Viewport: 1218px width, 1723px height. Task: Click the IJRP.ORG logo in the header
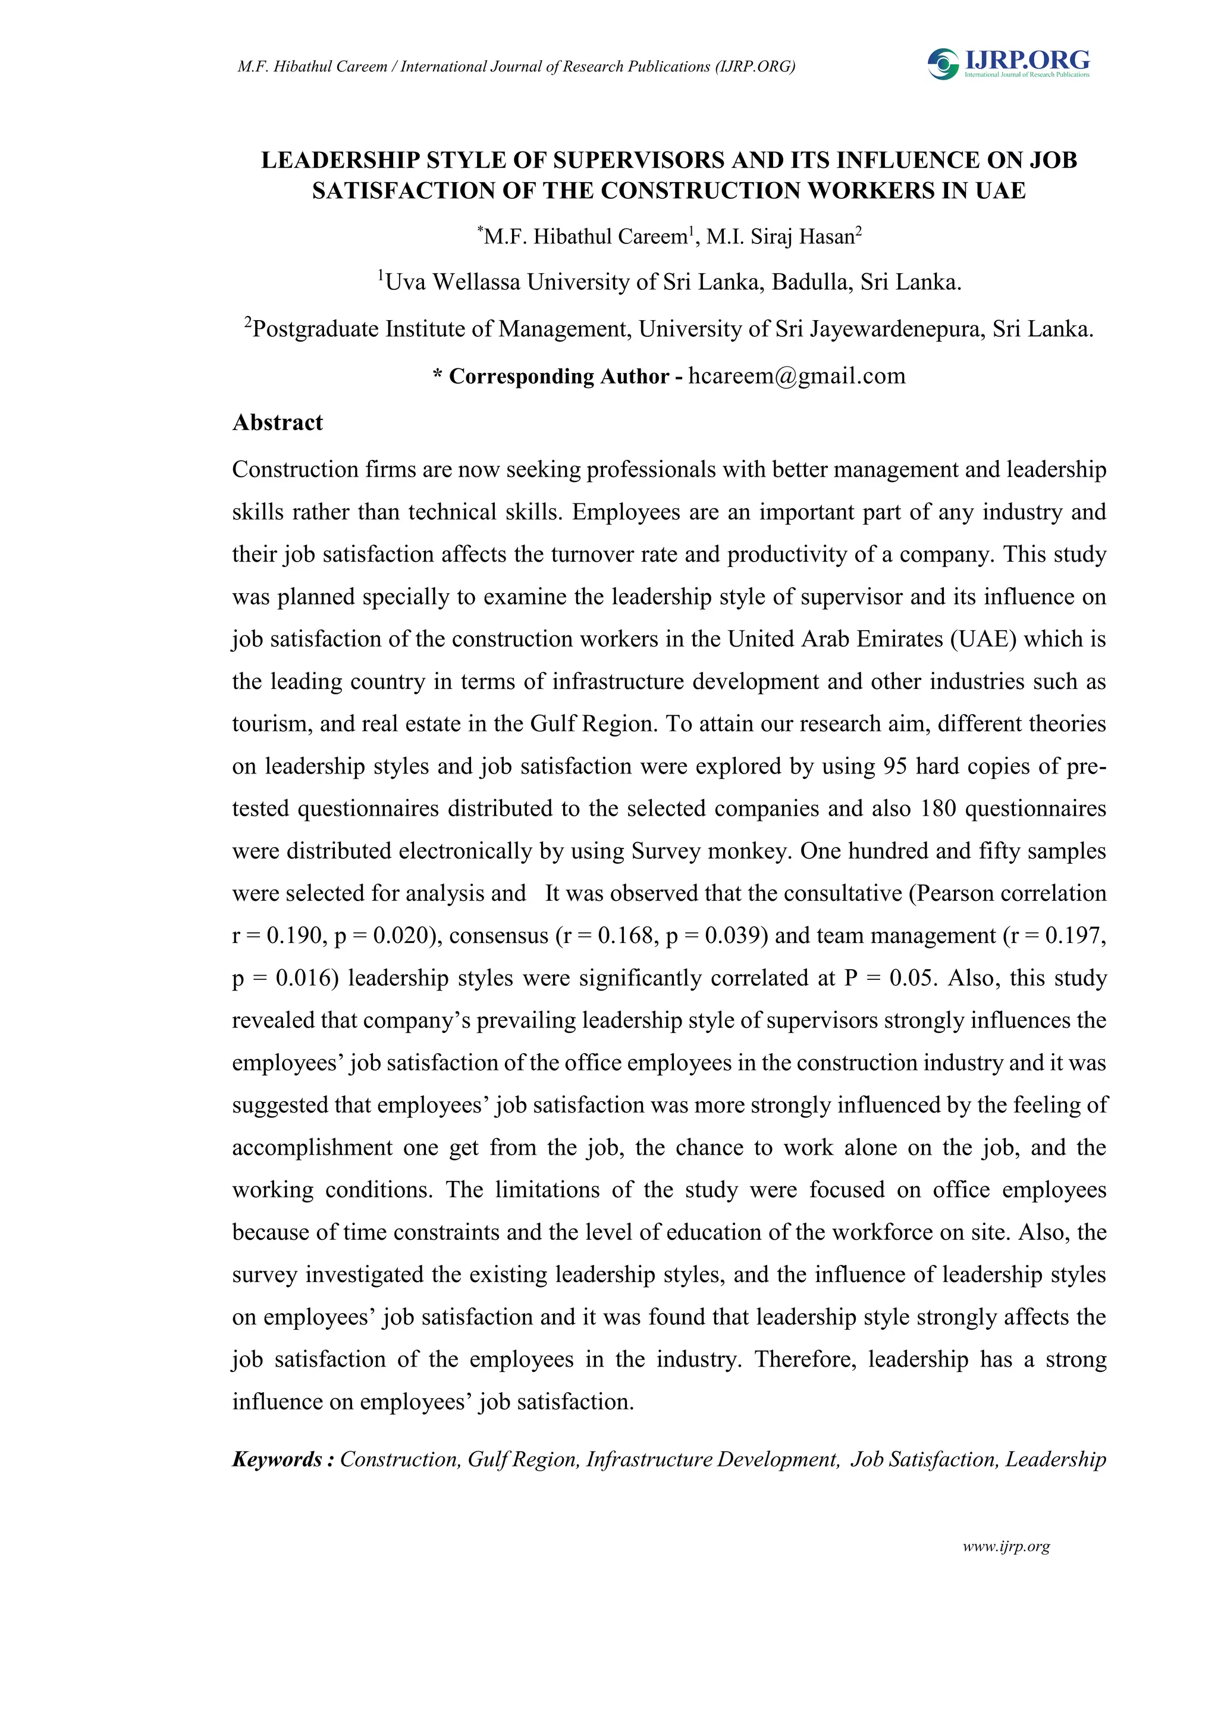[x=1008, y=63]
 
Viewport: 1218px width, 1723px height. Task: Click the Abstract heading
[x=278, y=422]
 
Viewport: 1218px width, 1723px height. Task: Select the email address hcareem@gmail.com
[x=796, y=376]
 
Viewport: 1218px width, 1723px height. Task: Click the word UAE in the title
[x=1000, y=190]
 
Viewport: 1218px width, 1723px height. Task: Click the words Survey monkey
[x=710, y=851]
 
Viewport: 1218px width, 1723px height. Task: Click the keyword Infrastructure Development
[x=712, y=1459]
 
